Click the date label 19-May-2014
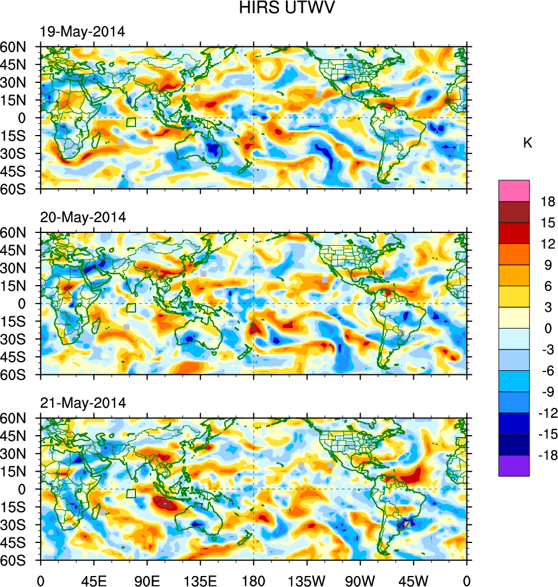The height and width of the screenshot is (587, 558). [x=82, y=32]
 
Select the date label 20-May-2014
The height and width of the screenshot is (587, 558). [x=82, y=217]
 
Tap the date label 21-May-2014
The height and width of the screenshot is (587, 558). [x=82, y=403]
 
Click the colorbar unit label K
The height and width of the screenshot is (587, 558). [x=527, y=143]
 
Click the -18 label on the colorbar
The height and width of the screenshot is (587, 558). [x=545, y=455]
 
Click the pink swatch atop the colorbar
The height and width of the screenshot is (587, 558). [x=514, y=190]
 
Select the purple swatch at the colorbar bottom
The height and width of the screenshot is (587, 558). [x=514, y=466]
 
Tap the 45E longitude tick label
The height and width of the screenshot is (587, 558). [x=94, y=579]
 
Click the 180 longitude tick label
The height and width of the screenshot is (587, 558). [x=254, y=579]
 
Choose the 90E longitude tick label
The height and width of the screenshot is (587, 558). [x=147, y=579]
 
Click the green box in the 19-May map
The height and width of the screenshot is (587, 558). [x=131, y=122]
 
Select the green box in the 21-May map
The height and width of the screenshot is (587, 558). [x=131, y=493]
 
